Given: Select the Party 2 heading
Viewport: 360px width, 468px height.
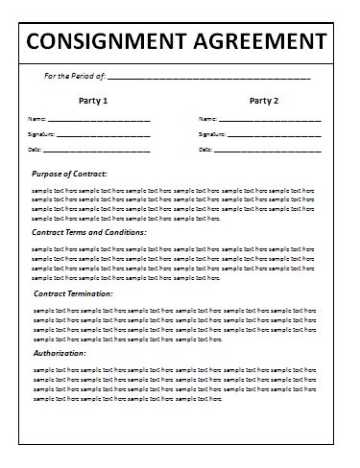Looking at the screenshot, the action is click(x=263, y=100).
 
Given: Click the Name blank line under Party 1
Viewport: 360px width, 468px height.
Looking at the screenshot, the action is click(x=100, y=121).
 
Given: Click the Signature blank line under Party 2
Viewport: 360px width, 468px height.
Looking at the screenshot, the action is click(x=275, y=136).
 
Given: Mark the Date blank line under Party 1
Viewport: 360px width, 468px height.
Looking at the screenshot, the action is click(x=98, y=152).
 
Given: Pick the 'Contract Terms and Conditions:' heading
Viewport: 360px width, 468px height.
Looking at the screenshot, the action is click(x=89, y=232).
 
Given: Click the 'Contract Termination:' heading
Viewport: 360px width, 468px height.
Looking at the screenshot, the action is click(x=74, y=293).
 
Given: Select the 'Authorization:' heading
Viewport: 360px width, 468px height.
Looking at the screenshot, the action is click(x=60, y=353).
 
